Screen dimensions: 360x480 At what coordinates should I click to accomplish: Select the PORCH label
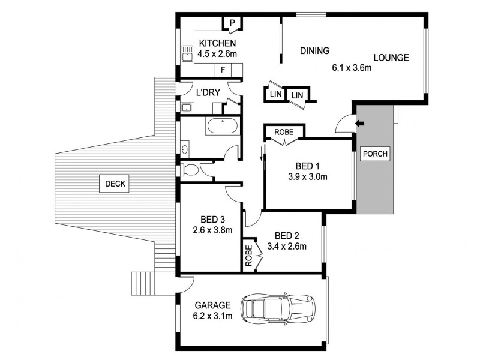point(375,154)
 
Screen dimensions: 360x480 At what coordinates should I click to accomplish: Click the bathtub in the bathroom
point(222,127)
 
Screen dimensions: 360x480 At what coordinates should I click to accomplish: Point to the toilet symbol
point(190,170)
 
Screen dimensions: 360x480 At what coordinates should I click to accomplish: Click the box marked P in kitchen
point(232,24)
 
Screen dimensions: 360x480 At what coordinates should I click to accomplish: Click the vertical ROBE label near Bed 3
point(248,255)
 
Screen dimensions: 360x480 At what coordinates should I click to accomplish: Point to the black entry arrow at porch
point(360,124)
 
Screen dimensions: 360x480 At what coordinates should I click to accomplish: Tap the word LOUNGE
point(391,58)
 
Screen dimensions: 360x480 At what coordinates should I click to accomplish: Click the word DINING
point(315,52)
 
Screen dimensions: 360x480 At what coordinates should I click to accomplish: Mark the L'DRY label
point(208,92)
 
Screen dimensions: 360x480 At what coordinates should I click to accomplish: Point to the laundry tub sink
point(187,108)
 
